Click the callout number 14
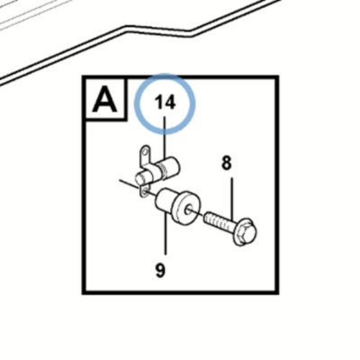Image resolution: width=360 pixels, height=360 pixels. [x=165, y=103]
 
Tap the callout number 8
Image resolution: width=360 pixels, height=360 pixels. [x=227, y=164]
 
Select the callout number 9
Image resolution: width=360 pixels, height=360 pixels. [x=160, y=270]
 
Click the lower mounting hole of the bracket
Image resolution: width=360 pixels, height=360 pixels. [x=145, y=192]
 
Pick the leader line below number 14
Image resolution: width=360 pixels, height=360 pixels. [x=165, y=139]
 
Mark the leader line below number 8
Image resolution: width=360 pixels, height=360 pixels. [x=232, y=198]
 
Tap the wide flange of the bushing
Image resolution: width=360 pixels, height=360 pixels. [x=187, y=208]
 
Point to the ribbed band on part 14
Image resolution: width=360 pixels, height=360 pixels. [x=164, y=168]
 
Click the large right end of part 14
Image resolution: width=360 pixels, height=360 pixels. [x=173, y=166]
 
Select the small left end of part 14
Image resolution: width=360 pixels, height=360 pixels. [x=141, y=179]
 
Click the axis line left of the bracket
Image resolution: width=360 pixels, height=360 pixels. [x=130, y=185]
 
